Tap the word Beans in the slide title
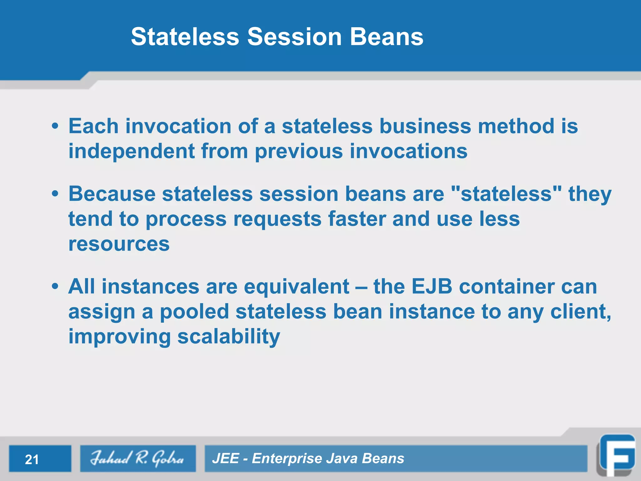coord(387,37)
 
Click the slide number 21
coord(32,459)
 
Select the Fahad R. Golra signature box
coord(138,458)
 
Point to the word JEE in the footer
coord(226,458)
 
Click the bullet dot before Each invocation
coord(55,127)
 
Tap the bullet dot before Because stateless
coord(55,194)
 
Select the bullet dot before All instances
coord(55,287)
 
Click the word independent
coord(131,152)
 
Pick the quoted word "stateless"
coord(507,194)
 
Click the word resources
coord(119,244)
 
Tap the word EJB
coord(432,287)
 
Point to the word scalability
coord(228,337)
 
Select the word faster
coord(357,219)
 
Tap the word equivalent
coord(296,287)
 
